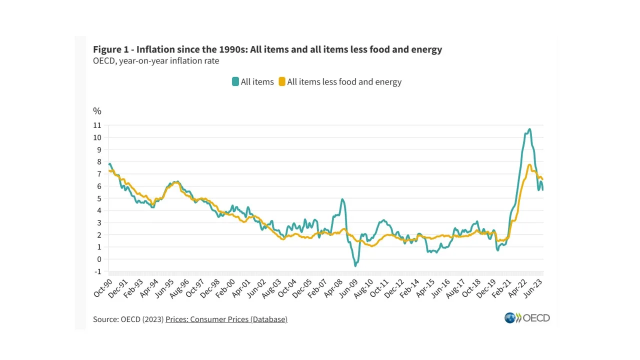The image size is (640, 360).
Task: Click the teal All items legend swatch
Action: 235,82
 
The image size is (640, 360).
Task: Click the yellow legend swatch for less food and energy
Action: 282,82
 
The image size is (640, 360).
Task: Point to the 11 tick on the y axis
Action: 97,125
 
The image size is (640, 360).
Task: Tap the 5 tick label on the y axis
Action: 99,198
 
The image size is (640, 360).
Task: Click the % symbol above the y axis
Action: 97,111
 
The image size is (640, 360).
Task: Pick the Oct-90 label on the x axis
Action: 102,287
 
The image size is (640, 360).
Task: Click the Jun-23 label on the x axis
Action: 534,287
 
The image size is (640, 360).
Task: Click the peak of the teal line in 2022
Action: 529,129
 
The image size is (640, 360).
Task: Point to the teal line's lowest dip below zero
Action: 355,265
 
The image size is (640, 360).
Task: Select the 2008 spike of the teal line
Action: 342,199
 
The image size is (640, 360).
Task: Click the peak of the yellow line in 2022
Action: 529,165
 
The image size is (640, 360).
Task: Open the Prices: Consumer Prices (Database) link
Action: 226,319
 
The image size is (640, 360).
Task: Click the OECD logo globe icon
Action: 510,318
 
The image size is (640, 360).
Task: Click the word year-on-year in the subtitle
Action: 142,61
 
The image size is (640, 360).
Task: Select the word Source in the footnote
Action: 105,319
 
